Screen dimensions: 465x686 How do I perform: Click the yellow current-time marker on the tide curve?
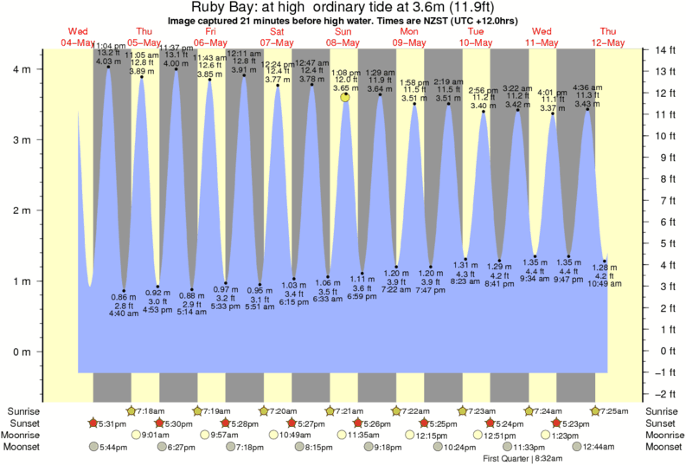point(345,98)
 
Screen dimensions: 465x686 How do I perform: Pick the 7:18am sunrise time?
point(152,410)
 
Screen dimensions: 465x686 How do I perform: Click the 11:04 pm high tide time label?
point(109,44)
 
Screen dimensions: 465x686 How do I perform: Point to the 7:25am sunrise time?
point(615,410)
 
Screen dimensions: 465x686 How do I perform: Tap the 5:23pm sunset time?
point(574,423)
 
